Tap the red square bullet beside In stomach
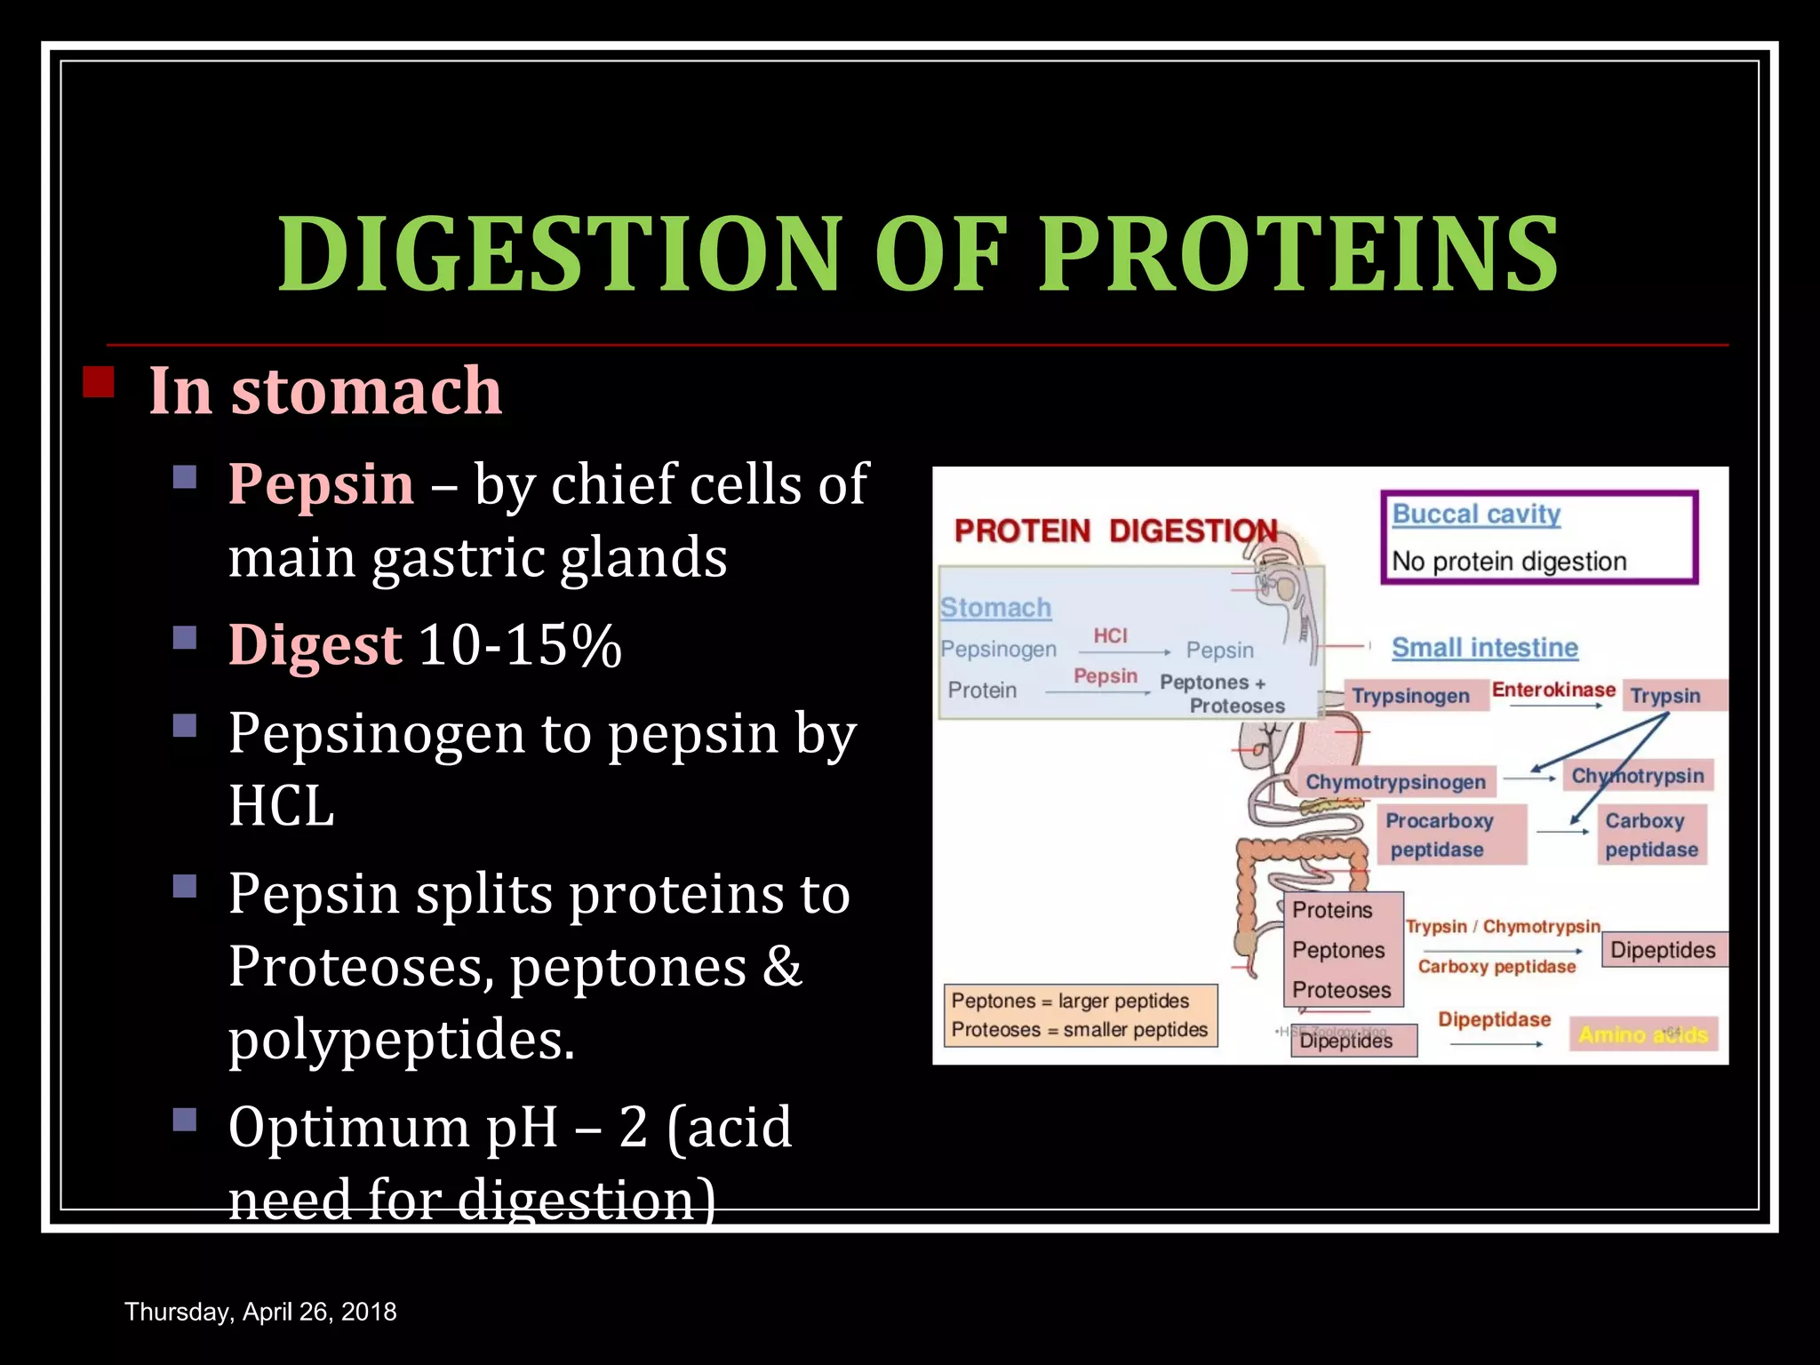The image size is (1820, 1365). click(99, 382)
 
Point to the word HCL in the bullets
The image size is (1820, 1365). click(281, 806)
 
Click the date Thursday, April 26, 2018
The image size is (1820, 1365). click(260, 1312)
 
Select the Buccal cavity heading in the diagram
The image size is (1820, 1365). click(1476, 514)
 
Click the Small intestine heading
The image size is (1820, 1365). click(1484, 647)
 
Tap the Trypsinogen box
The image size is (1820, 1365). click(1410, 696)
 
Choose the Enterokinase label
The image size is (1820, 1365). click(1553, 690)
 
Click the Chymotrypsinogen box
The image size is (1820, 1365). click(1395, 782)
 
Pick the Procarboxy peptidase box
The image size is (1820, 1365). click(1440, 834)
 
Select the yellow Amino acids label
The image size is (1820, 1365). click(1642, 1034)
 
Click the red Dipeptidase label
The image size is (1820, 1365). click(1494, 1019)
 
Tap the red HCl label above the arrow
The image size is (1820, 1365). click(1110, 635)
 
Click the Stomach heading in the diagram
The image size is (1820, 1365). click(995, 608)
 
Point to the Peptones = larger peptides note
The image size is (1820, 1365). click(1070, 1001)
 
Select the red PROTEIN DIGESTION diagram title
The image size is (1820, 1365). click(1115, 531)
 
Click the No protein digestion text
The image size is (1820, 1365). click(1509, 562)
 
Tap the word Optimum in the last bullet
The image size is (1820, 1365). click(348, 1127)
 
